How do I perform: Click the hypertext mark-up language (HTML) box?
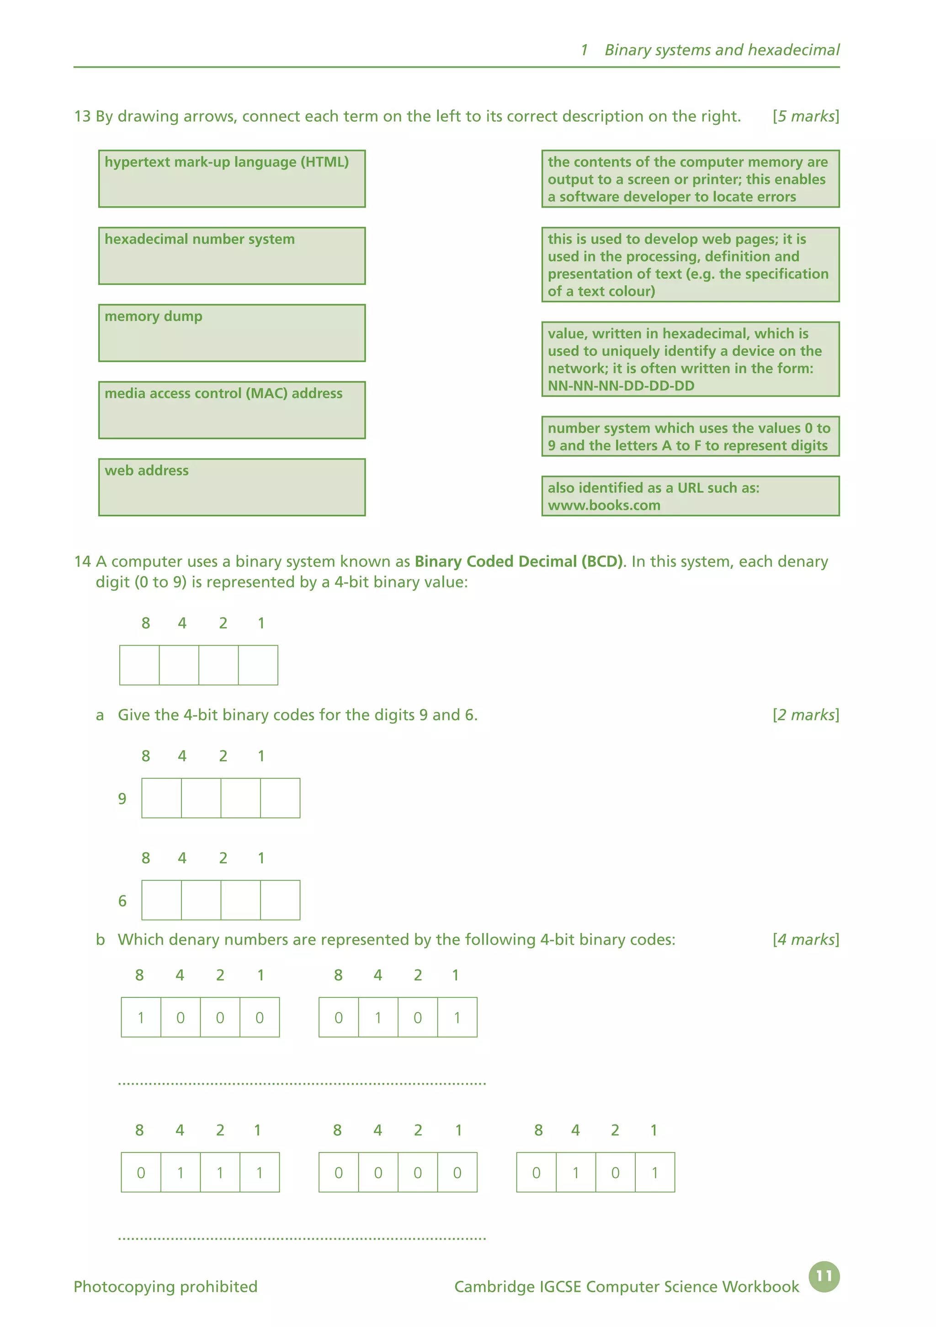click(232, 179)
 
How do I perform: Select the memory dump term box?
click(232, 333)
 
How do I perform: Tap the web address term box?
click(232, 487)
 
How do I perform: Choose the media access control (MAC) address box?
click(232, 410)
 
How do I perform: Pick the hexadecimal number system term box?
click(232, 256)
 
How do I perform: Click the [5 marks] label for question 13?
click(805, 116)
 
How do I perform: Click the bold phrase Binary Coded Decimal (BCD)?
click(519, 562)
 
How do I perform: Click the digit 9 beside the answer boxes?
click(122, 799)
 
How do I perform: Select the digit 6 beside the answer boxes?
click(122, 901)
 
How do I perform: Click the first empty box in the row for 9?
click(161, 798)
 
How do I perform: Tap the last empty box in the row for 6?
click(280, 900)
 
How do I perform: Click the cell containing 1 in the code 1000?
click(141, 1017)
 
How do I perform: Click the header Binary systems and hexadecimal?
click(722, 50)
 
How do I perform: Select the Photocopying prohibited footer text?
click(165, 1287)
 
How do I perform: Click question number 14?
click(82, 562)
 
